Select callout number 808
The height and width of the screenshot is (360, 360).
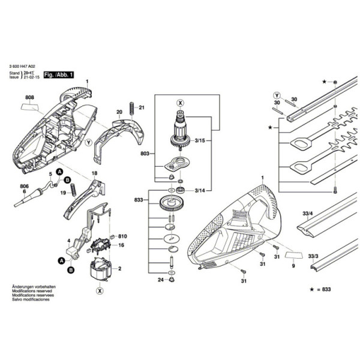(x=29, y=97)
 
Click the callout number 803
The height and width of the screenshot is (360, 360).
(x=144, y=154)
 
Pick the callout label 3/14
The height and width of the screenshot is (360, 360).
(x=199, y=190)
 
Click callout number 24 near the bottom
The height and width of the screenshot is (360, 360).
(x=160, y=280)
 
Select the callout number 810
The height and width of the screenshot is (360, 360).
(x=123, y=236)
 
